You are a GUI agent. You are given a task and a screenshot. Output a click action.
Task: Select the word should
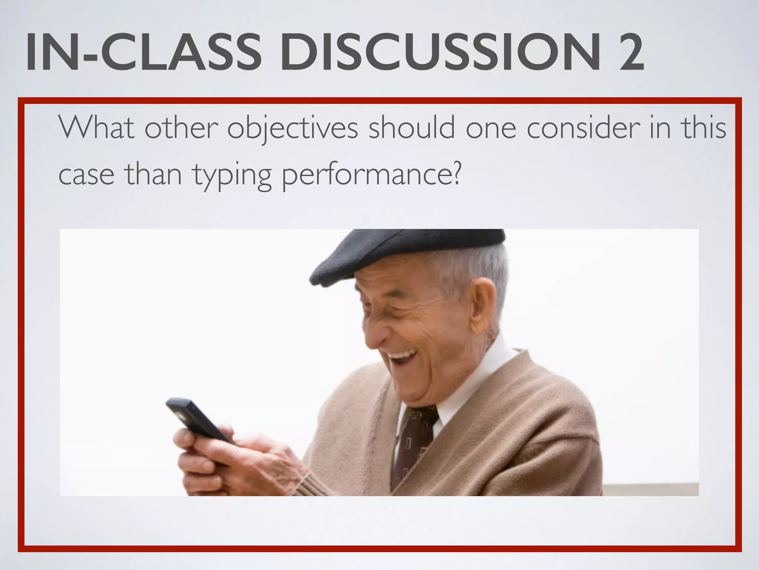[x=411, y=128]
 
